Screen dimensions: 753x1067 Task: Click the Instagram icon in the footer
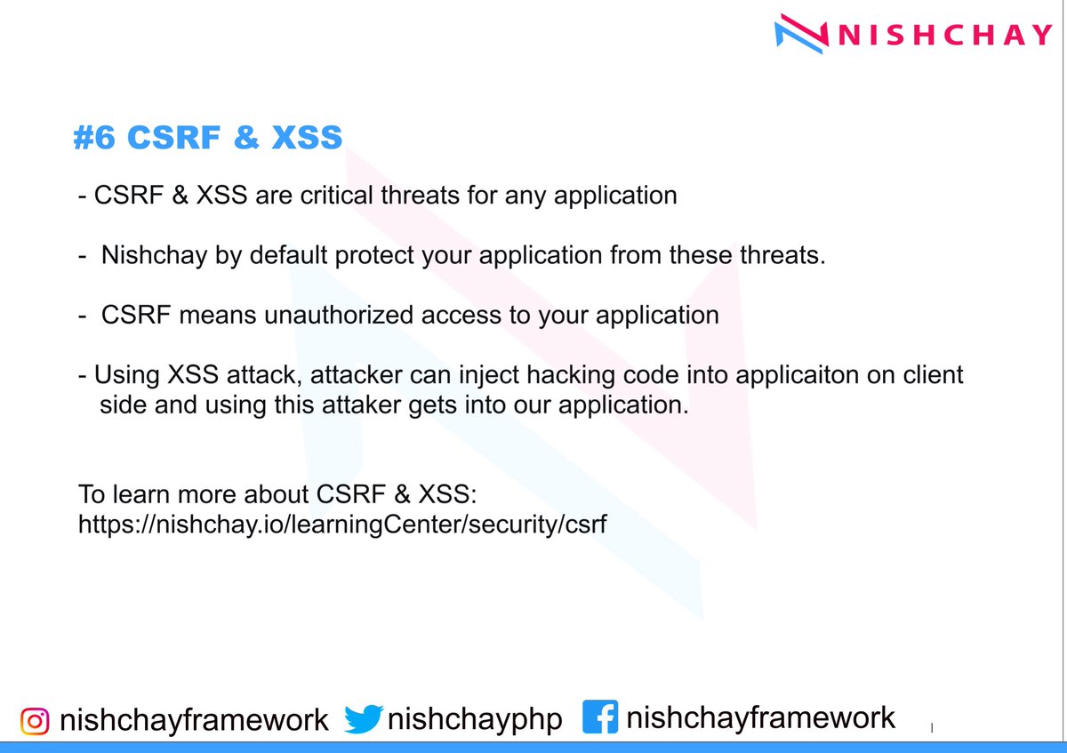coord(34,719)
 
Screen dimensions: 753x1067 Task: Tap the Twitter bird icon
coord(362,719)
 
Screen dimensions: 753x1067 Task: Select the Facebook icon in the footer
coord(600,717)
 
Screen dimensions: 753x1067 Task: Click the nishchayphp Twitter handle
coord(474,719)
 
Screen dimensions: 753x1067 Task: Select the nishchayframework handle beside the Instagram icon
coord(194,719)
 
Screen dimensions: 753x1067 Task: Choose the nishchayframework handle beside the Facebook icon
coord(761,717)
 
